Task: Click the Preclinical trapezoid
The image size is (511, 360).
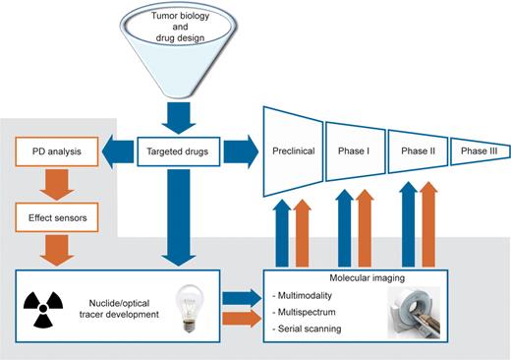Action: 292,152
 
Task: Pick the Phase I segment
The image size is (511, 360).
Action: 355,152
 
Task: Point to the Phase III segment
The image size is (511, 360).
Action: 479,152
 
